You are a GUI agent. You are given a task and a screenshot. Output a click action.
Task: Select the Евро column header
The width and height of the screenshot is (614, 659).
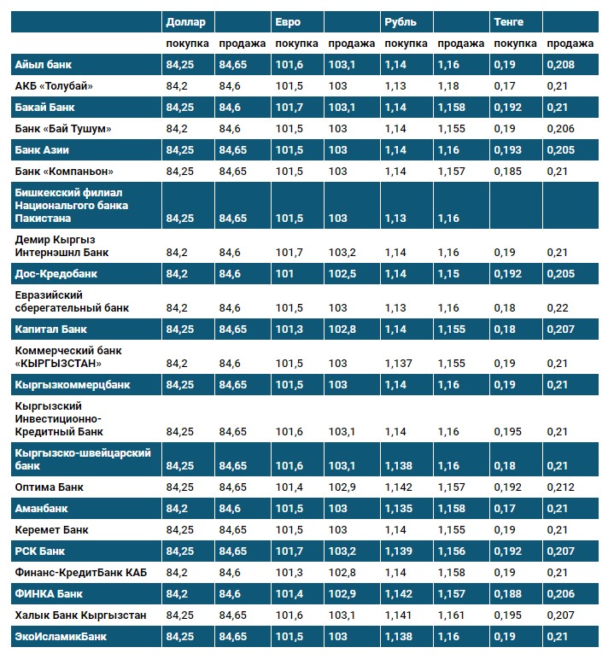[x=289, y=21]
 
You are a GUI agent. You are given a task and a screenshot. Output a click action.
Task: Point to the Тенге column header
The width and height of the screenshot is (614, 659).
[x=508, y=21]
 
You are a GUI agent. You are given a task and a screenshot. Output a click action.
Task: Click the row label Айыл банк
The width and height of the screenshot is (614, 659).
[x=44, y=64]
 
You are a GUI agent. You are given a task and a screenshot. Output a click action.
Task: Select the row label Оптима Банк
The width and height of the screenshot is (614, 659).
[x=50, y=487]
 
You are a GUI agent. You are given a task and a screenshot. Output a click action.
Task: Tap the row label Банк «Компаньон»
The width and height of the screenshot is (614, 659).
[x=64, y=171]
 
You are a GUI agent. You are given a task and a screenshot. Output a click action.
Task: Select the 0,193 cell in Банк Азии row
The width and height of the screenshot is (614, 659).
[x=507, y=149]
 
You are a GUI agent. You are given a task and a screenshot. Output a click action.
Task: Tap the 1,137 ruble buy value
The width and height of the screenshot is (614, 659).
[x=399, y=363]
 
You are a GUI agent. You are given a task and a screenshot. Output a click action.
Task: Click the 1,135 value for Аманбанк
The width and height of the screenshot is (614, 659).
[x=399, y=509]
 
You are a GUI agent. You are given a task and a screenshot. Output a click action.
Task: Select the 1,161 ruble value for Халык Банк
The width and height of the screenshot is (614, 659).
[x=451, y=615]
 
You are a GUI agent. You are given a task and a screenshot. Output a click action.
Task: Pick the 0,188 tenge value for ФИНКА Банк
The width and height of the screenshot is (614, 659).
[x=507, y=593]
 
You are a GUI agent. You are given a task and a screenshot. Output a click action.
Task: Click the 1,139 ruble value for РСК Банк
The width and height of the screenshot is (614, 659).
[x=399, y=551]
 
